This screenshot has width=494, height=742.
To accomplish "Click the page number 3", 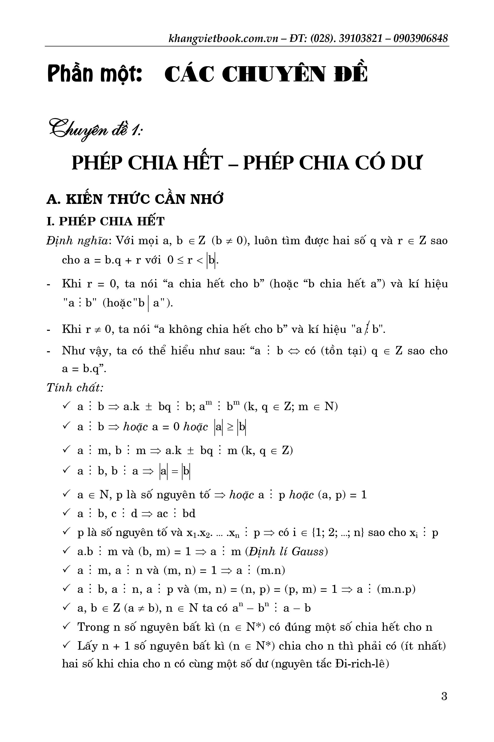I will pos(444,696).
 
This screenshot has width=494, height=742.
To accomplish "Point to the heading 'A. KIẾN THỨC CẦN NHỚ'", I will pos(135,199).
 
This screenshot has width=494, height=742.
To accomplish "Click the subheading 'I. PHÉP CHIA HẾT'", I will pos(106,221).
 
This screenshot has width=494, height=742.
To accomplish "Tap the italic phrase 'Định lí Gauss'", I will pos(286,551).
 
